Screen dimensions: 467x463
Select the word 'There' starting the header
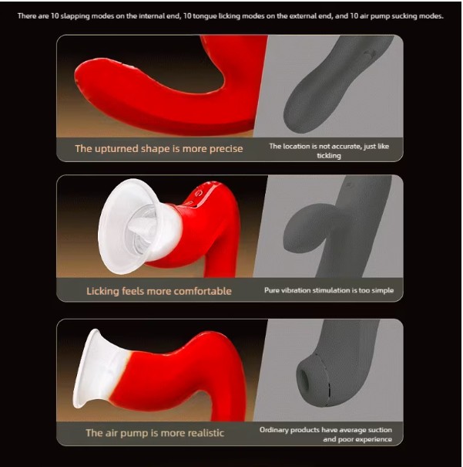(28, 15)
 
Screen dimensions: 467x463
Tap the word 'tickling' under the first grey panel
(329, 155)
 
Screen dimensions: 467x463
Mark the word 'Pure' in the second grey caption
(271, 290)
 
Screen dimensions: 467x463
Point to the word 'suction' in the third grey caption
(379, 428)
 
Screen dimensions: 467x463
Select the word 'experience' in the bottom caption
(372, 439)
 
